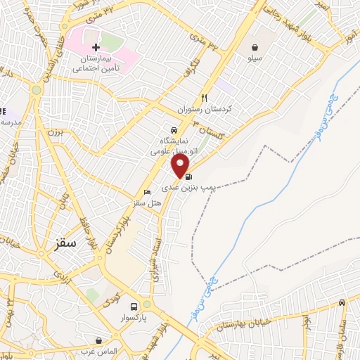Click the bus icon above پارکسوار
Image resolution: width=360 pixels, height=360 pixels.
(x=146, y=304)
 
